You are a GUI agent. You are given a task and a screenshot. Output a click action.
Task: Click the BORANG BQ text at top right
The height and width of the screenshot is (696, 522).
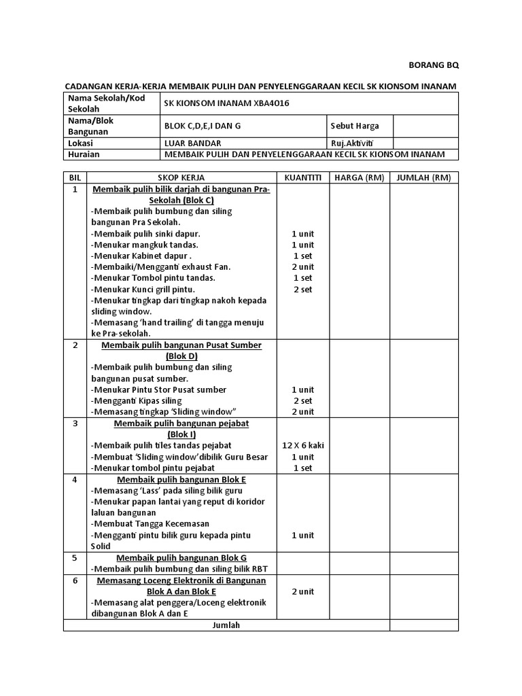(433, 65)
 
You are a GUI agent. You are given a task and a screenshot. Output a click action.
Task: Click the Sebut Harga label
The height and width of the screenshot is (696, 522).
(354, 126)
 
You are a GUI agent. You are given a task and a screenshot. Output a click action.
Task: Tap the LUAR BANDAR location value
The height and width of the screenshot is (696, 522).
(192, 143)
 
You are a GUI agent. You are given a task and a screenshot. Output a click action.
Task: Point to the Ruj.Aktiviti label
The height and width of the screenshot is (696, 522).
(352, 143)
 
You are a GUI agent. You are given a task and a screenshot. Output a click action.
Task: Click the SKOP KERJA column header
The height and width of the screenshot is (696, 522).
(181, 177)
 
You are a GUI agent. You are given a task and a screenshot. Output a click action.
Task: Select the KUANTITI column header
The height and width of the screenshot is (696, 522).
(302, 177)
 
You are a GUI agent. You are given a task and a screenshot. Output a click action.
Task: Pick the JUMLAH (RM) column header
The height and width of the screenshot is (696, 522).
(423, 177)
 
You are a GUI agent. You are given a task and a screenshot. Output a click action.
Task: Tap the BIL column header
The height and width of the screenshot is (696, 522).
(75, 177)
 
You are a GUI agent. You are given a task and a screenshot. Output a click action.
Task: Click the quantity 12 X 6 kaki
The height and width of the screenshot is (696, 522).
(302, 445)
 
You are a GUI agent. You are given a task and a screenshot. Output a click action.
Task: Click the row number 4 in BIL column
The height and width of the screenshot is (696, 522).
(75, 479)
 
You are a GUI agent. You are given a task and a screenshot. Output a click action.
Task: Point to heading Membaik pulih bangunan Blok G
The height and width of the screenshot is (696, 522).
(181, 557)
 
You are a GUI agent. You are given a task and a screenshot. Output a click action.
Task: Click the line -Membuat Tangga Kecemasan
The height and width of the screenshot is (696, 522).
(150, 524)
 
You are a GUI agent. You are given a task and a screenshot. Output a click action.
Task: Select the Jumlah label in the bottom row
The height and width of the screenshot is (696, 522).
(226, 625)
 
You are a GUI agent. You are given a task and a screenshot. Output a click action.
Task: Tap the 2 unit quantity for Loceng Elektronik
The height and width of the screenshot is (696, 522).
(302, 591)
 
